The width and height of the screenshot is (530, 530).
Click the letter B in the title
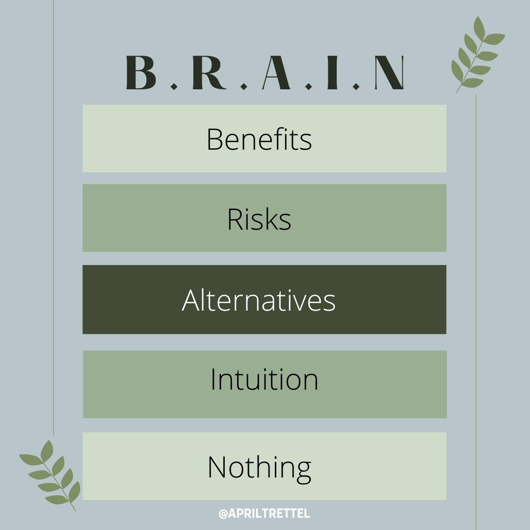[141, 72]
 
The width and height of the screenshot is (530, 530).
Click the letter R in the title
[209, 72]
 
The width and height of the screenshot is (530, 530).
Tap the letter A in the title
[276, 72]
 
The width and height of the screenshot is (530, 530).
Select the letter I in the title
[332, 72]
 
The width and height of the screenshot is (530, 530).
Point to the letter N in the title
[389, 72]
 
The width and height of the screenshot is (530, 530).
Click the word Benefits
[259, 139]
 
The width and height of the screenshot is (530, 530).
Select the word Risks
[259, 219]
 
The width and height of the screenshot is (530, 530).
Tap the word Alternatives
[259, 300]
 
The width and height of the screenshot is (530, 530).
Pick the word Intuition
[265, 379]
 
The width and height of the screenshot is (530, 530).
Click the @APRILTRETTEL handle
[265, 513]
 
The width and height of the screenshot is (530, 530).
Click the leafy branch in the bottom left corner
[50, 475]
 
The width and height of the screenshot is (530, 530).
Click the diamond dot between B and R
[174, 87]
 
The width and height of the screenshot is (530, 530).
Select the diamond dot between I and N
[356, 87]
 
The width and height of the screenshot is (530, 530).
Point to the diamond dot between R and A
[244, 87]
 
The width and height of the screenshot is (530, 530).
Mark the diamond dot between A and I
[308, 87]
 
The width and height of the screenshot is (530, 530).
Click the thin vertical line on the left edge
[53, 218]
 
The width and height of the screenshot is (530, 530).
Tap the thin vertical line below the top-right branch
[476, 312]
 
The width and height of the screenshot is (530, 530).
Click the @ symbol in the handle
[223, 514]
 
